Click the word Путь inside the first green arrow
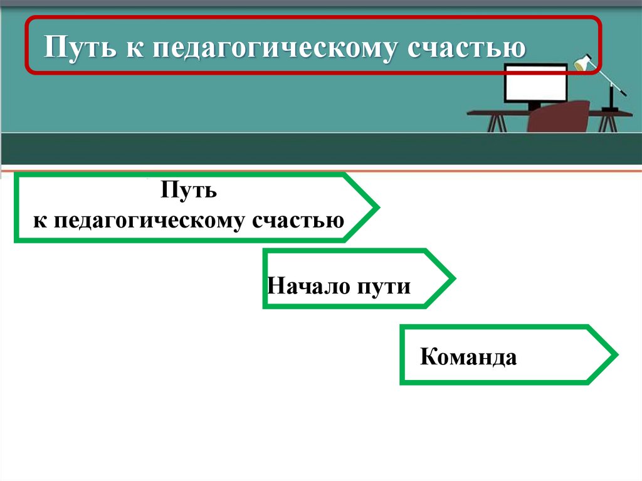pos(188,189)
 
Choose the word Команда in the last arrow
pos(468,358)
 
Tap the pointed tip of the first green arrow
pos(377,207)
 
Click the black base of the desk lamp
pos(609,109)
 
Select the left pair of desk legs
pos(497,122)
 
